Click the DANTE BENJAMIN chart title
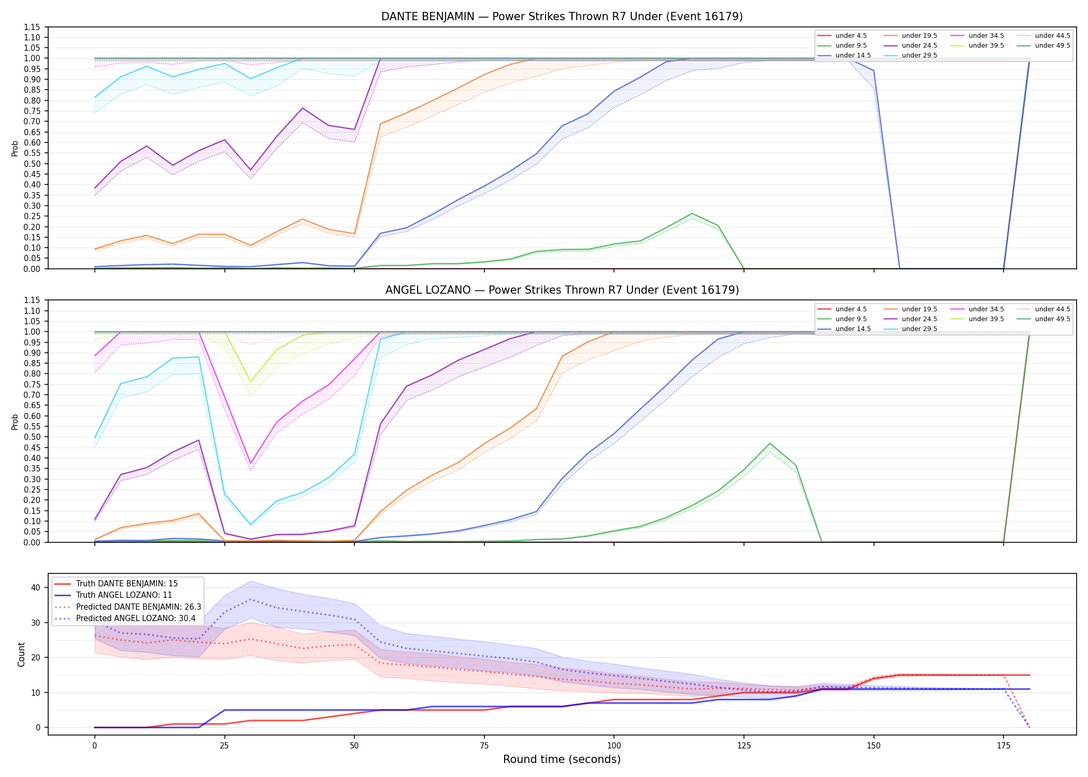(x=562, y=17)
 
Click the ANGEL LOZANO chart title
(x=562, y=290)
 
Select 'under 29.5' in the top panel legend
(x=919, y=55)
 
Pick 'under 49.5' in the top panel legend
(x=1052, y=46)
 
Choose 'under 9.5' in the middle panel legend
(x=851, y=319)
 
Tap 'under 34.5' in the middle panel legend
(x=986, y=309)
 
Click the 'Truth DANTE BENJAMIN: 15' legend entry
(x=127, y=584)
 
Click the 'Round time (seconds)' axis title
(x=562, y=759)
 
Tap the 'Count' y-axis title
(x=21, y=654)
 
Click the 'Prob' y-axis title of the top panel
(x=15, y=148)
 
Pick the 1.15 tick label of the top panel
(x=32, y=27)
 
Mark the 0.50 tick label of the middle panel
(x=32, y=437)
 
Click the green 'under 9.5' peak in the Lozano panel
(x=770, y=443)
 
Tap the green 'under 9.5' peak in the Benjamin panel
(x=692, y=213)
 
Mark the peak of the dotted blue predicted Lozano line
(x=250, y=599)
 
